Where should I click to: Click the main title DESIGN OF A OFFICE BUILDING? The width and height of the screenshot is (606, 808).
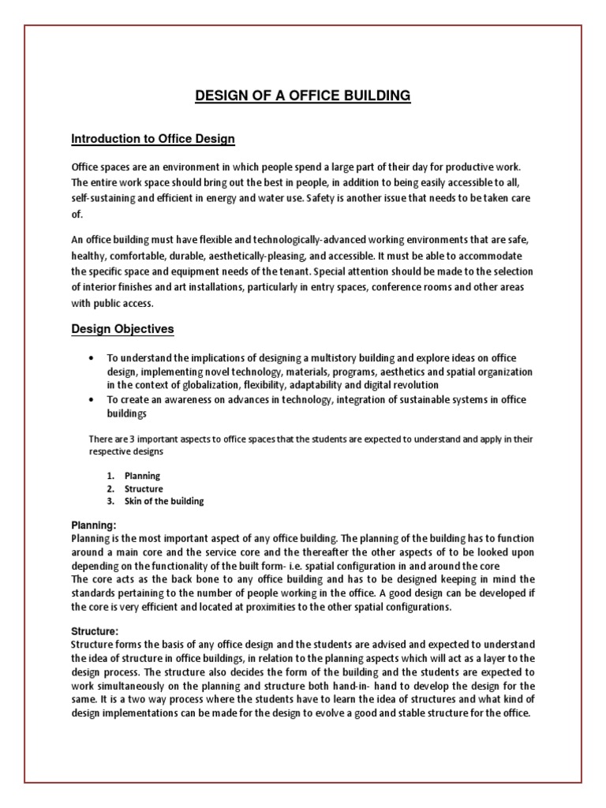[303, 96]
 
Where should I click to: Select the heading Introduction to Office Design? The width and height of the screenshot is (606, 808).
[153, 140]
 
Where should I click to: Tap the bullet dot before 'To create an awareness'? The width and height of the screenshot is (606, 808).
[95, 400]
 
